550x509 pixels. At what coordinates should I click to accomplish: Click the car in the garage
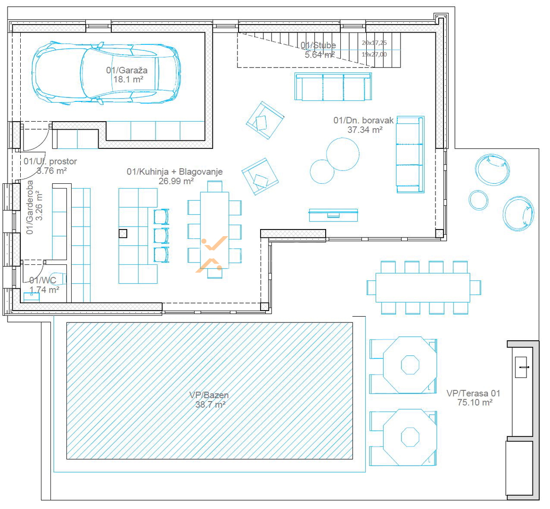(x=107, y=74)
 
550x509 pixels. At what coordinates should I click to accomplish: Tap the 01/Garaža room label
(x=127, y=70)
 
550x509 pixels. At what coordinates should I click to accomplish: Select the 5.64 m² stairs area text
(x=320, y=55)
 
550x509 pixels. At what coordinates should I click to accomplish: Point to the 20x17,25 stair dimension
(x=374, y=43)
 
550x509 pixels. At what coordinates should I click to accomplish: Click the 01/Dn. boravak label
(x=363, y=120)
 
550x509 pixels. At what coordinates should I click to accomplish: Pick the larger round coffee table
(x=343, y=154)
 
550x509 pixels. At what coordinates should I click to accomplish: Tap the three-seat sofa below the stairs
(x=333, y=87)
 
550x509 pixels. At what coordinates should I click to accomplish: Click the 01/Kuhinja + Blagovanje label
(x=175, y=172)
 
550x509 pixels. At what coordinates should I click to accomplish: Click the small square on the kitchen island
(x=123, y=233)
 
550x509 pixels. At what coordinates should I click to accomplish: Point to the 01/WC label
(x=43, y=280)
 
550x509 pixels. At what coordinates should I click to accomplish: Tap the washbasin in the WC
(x=32, y=297)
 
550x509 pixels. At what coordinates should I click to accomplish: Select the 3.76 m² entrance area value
(x=52, y=171)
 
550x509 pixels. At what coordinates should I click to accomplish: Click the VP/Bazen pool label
(x=209, y=395)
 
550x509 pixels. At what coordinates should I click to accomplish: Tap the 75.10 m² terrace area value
(x=475, y=402)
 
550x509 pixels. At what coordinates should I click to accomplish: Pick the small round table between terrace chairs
(x=478, y=200)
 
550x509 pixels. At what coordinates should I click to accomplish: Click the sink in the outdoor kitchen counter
(x=521, y=367)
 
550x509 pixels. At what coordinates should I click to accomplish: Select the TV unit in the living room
(x=333, y=215)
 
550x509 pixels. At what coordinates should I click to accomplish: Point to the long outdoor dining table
(x=423, y=287)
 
